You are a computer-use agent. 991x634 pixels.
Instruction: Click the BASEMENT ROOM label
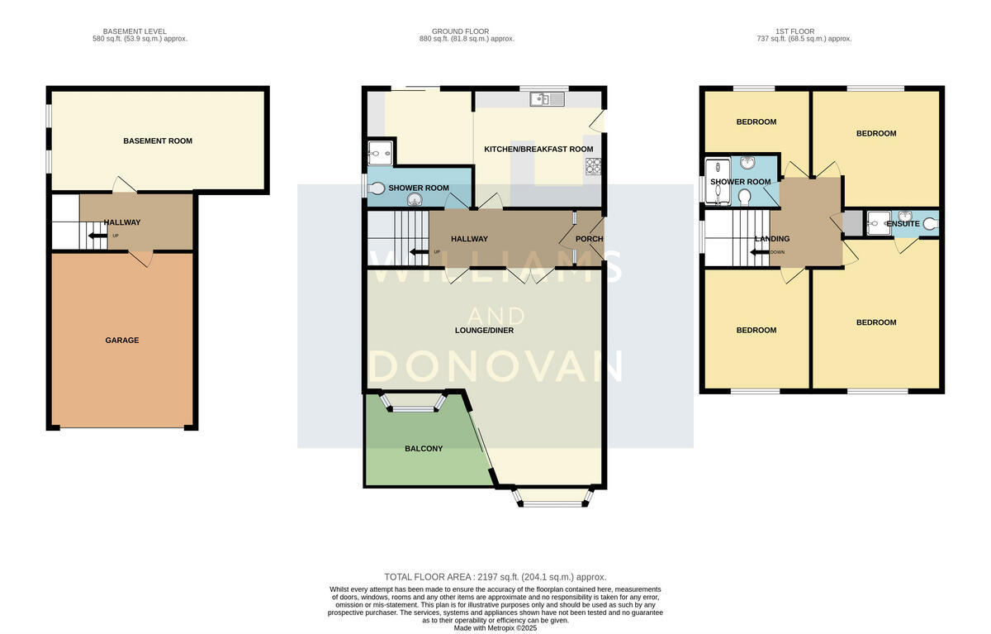point(157,141)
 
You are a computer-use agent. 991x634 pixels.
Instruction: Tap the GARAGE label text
point(121,341)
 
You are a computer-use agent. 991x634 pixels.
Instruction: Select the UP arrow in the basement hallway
point(98,236)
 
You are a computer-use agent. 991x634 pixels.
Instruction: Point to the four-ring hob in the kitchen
point(594,167)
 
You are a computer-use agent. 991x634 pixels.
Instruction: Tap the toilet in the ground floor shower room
point(378,188)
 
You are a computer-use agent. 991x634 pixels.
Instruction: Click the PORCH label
point(589,240)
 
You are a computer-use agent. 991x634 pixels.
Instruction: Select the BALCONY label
point(424,449)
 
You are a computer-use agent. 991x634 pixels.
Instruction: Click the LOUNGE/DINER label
point(484,331)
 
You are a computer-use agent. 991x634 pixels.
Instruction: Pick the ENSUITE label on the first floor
point(903,224)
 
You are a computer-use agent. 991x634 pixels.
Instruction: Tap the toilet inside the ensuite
point(931,223)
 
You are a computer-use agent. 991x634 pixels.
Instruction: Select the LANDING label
point(772,239)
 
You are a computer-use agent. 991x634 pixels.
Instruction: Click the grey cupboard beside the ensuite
point(851,223)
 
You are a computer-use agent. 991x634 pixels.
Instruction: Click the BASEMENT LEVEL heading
point(140,33)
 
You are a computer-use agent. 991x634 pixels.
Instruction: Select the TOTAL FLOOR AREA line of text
point(495,577)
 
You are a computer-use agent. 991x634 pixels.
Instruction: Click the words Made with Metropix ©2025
point(495,627)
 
